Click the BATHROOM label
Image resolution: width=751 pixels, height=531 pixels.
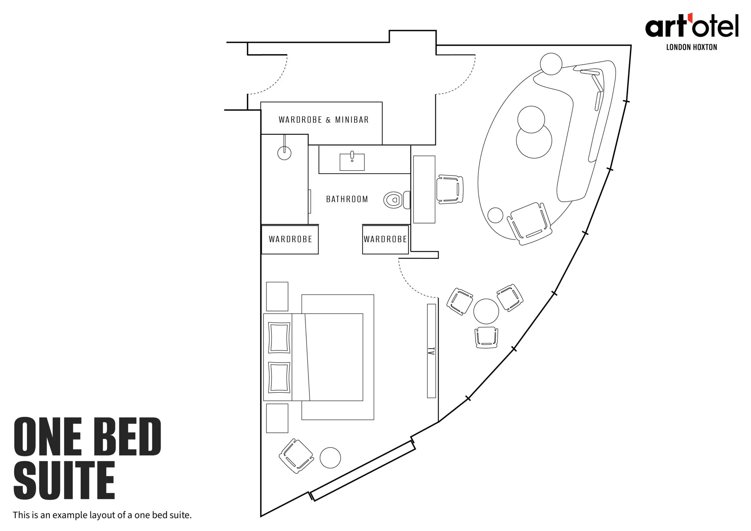[347, 199]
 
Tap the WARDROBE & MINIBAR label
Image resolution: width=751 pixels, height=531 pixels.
[324, 120]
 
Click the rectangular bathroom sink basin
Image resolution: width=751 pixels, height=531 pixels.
[352, 162]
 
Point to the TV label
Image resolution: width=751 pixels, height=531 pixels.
[432, 351]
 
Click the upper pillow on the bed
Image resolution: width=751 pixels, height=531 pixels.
[279, 337]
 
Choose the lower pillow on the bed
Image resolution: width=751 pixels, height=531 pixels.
[279, 377]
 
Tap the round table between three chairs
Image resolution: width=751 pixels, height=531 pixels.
[486, 311]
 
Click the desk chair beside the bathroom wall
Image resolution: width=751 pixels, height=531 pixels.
[450, 190]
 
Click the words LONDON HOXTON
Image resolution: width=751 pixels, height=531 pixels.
[691, 48]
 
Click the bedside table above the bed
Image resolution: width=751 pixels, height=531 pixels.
[277, 296]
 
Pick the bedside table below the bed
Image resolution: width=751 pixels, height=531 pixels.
[277, 418]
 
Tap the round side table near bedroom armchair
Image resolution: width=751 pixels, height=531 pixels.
[330, 458]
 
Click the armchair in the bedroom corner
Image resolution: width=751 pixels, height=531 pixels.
[296, 456]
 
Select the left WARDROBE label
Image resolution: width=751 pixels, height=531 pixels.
[290, 239]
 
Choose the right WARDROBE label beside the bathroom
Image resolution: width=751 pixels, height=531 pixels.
[385, 239]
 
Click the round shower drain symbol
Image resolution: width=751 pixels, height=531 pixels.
[284, 153]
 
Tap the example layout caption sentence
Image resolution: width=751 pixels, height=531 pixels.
[102, 515]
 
